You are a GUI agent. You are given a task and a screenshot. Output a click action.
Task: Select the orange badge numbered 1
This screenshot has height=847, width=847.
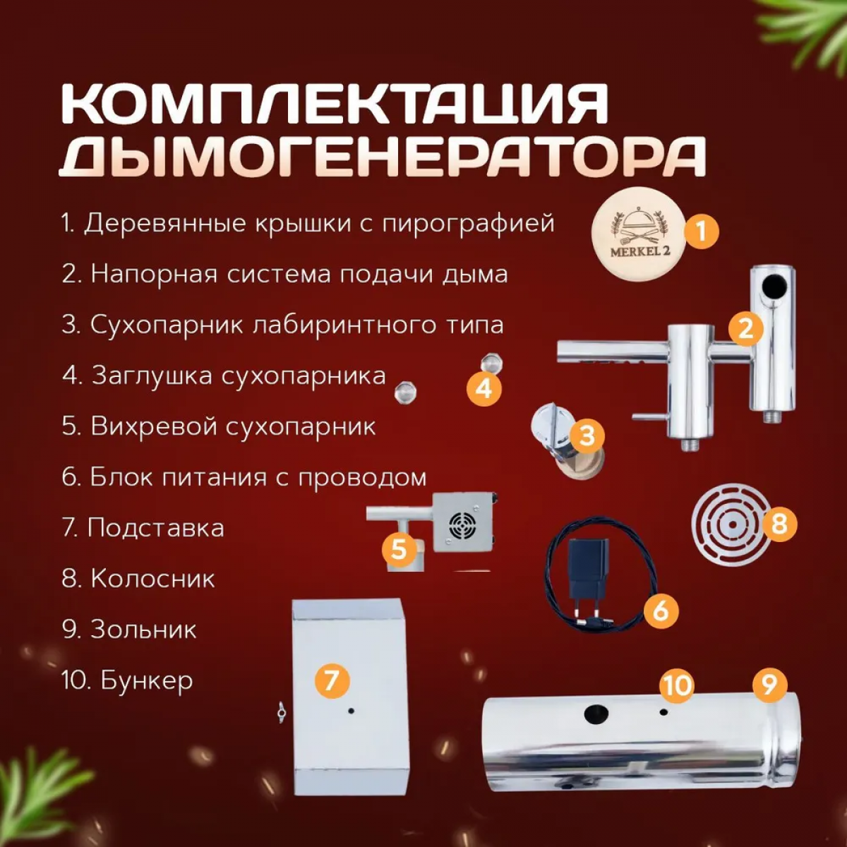701,232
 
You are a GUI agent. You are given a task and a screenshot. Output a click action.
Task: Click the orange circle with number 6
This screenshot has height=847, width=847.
661,611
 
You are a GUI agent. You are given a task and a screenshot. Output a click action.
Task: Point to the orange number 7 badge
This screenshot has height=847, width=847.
332,681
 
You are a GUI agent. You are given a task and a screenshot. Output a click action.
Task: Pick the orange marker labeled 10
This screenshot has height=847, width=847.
678,685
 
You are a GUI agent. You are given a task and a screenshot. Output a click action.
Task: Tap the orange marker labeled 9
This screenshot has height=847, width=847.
769,685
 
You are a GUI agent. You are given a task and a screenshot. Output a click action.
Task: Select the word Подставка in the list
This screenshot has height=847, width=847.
155,527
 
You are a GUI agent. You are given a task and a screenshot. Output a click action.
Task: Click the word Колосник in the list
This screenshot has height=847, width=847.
153,579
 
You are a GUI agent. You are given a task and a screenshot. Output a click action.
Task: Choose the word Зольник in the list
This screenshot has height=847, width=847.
144,630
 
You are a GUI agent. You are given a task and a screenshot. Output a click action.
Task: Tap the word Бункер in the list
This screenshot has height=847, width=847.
147,681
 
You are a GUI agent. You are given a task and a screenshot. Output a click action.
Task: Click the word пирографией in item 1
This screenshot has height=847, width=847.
468,224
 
